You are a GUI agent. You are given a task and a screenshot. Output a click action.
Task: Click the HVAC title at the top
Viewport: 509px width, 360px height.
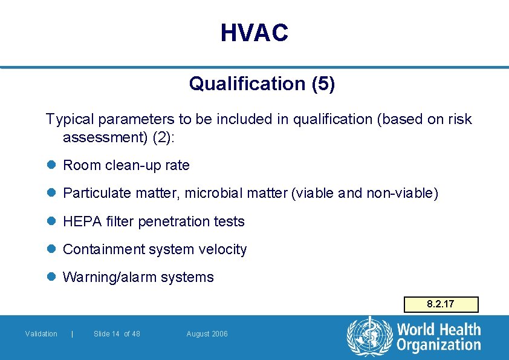coord(254,33)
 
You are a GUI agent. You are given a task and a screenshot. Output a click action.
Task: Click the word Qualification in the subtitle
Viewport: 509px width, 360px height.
coord(248,83)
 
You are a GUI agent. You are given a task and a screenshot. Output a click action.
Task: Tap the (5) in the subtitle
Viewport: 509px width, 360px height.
coord(323,83)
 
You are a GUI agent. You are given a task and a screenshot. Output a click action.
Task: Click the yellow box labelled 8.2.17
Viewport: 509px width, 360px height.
coord(441,304)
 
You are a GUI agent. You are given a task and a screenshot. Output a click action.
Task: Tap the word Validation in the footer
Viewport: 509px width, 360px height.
coord(41,334)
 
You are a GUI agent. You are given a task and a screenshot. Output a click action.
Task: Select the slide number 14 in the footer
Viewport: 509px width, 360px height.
coord(115,334)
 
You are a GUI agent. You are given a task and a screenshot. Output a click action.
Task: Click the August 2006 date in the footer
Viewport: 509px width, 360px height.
coord(207,334)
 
